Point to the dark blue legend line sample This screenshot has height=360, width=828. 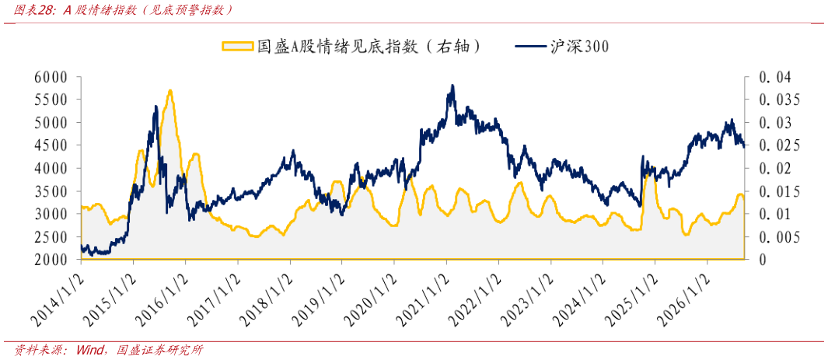click(531, 47)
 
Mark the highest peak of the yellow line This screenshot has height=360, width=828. click(170, 91)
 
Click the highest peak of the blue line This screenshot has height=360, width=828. click(452, 86)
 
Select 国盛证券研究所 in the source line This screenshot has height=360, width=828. click(160, 350)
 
